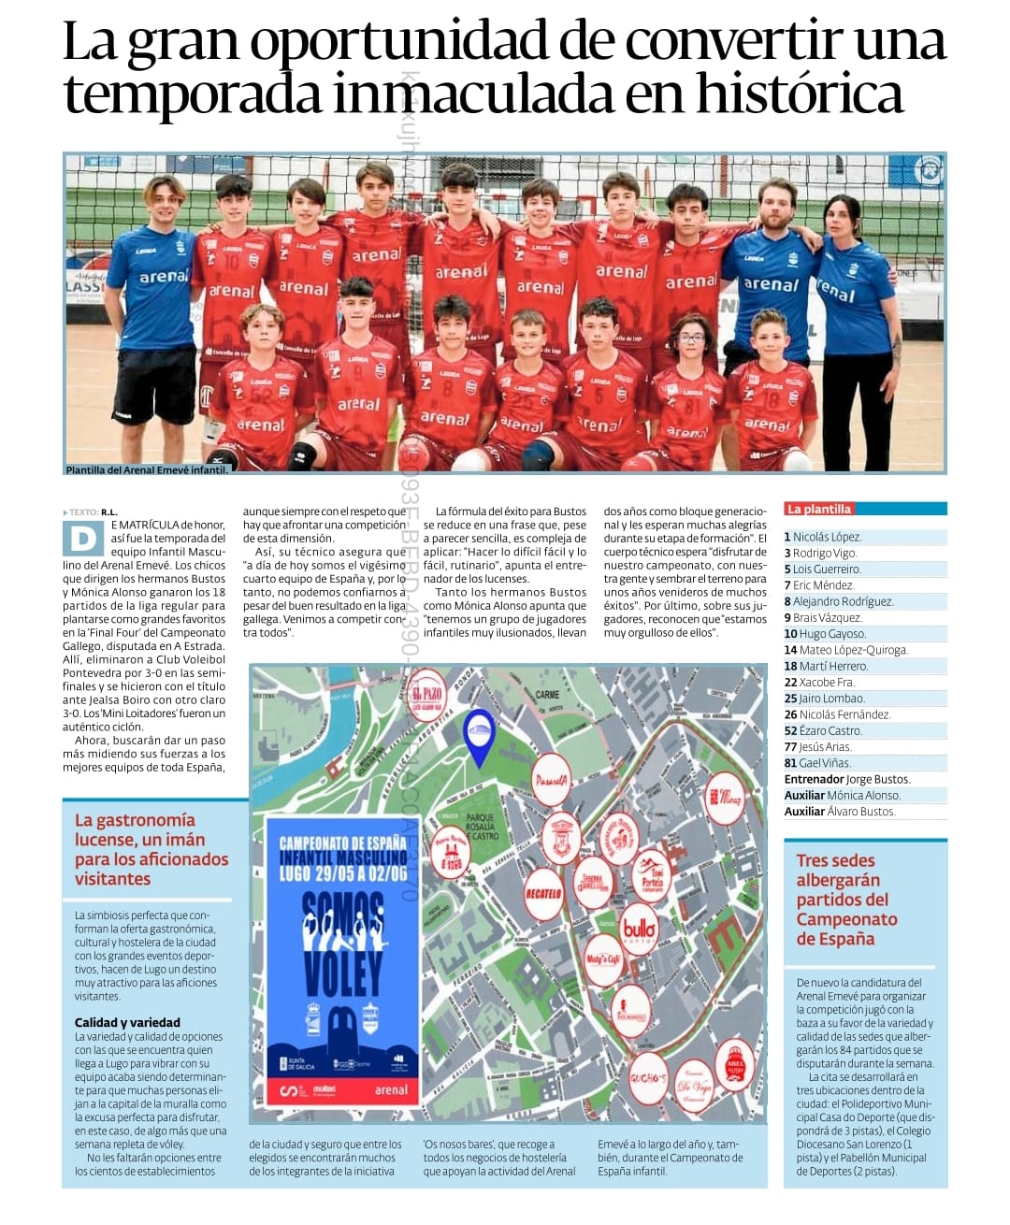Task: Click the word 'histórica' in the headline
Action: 800,94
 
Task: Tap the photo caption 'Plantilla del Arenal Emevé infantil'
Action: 147,470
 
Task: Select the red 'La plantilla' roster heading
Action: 818,510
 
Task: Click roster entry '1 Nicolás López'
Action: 823,537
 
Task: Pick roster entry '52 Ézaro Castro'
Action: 823,730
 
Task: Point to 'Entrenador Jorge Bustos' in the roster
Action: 846,779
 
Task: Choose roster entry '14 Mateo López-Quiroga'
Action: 845,650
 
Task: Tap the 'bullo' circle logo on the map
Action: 639,930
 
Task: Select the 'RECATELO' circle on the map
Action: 543,893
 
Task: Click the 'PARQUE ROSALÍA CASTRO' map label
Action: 483,827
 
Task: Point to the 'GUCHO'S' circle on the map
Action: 647,1077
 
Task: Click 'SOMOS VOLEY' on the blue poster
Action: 342,944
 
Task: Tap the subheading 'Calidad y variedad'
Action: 127,1022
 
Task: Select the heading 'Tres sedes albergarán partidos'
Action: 846,899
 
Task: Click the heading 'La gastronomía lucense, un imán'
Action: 151,849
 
